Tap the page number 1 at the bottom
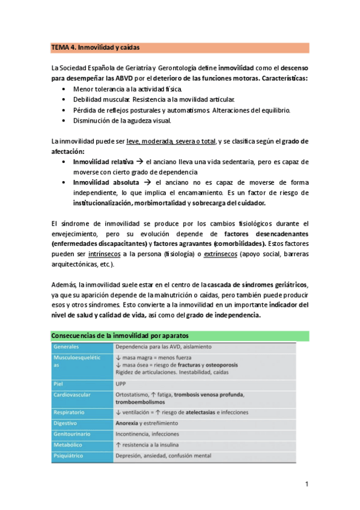(306, 485)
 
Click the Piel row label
(59, 383)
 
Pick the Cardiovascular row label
(73, 395)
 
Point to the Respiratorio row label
(70, 413)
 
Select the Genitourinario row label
(73, 434)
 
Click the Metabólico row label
(69, 444)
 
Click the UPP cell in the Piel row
(121, 383)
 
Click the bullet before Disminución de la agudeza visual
(65, 120)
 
